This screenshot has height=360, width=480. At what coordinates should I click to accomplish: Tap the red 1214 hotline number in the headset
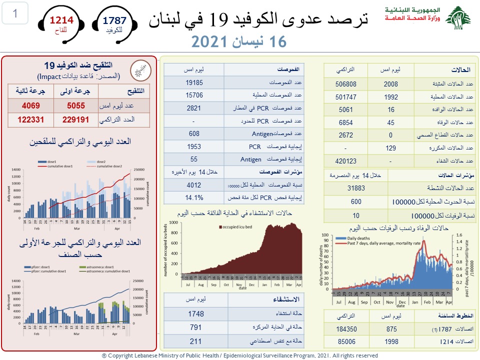(x=61, y=20)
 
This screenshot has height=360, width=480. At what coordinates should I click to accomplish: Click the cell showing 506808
(x=345, y=84)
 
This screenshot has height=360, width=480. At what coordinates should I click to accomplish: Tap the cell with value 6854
(x=345, y=122)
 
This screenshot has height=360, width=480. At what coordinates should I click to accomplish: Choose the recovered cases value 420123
(x=345, y=161)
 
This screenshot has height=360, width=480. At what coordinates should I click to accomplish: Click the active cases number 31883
(x=355, y=188)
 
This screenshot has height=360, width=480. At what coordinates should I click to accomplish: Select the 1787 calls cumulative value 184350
(x=345, y=329)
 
